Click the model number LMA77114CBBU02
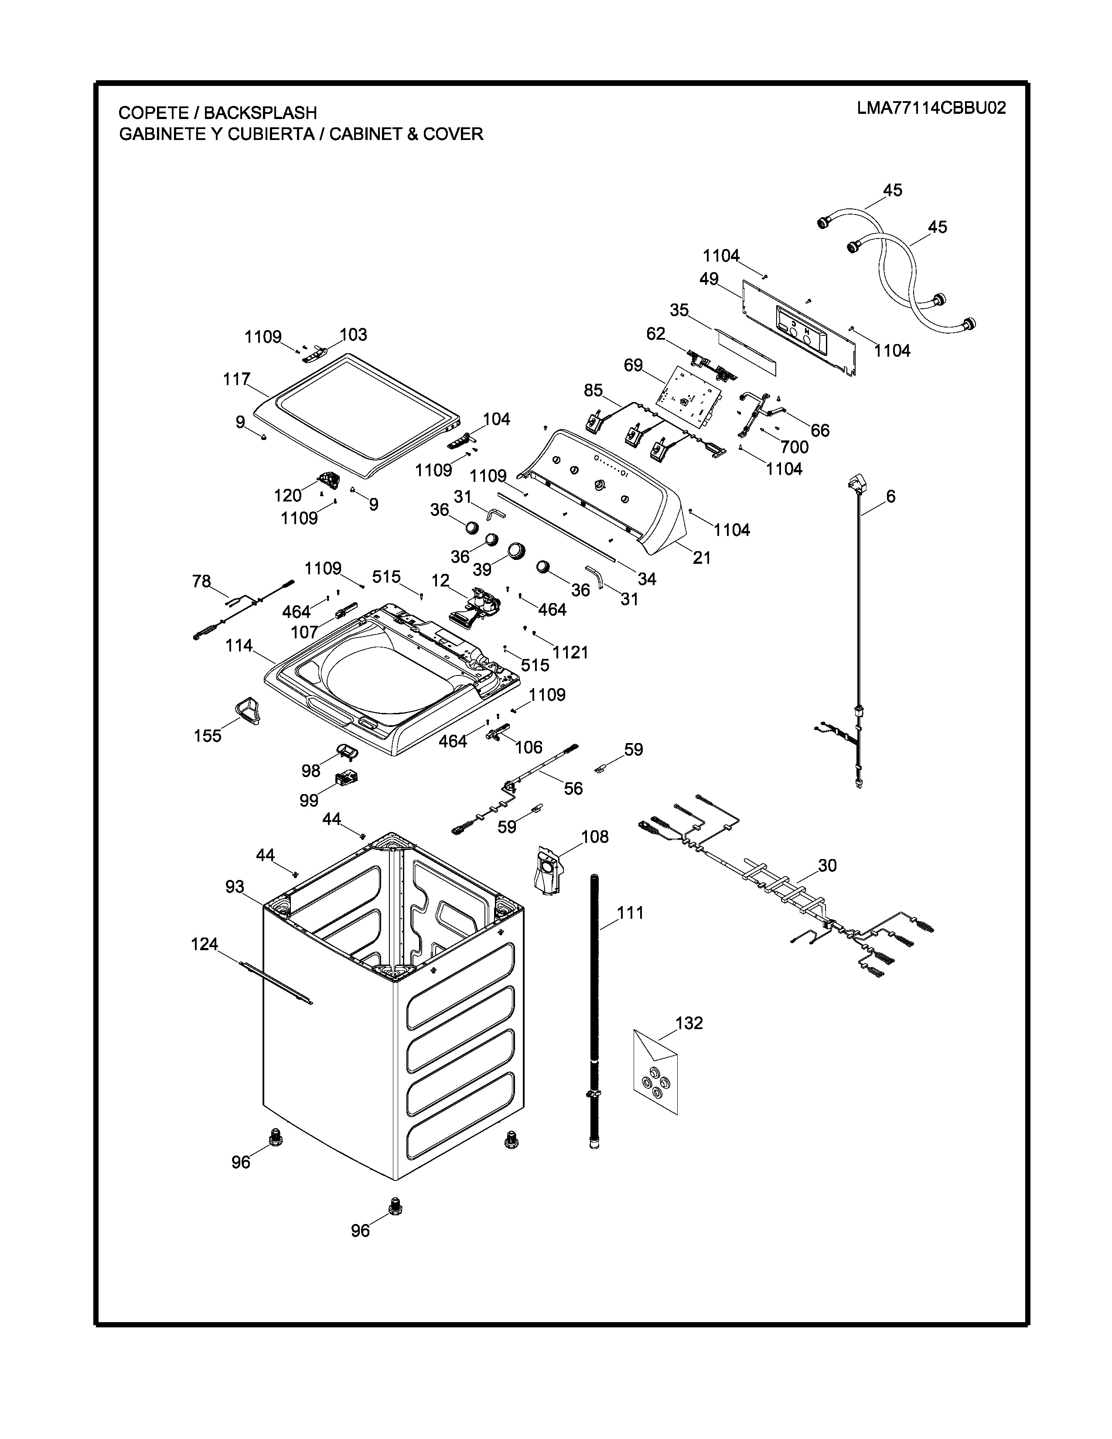[x=931, y=108]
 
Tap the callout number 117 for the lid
[x=236, y=379]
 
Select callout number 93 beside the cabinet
[x=235, y=887]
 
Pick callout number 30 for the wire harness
[x=827, y=865]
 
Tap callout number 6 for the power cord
[x=890, y=496]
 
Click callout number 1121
[x=570, y=652]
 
